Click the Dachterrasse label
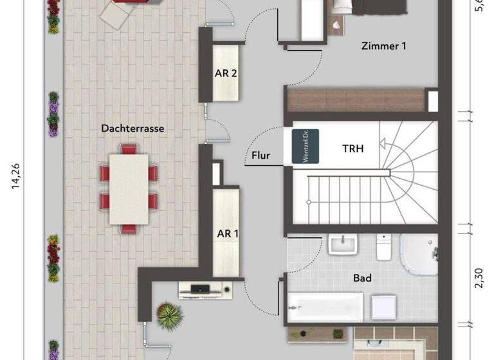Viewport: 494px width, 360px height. [x=133, y=129]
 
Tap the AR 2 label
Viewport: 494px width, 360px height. [x=226, y=73]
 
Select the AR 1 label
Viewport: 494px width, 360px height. [x=226, y=233]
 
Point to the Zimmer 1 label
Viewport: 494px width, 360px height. [x=384, y=46]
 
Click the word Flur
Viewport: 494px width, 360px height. [x=261, y=156]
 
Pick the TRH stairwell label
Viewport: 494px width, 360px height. [x=352, y=148]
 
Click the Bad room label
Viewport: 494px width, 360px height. [x=363, y=279]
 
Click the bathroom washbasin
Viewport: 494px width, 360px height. [x=342, y=244]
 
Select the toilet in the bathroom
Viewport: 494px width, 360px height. [x=384, y=247]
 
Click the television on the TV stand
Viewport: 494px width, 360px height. [x=202, y=289]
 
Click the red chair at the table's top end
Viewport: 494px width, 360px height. [x=129, y=149]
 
